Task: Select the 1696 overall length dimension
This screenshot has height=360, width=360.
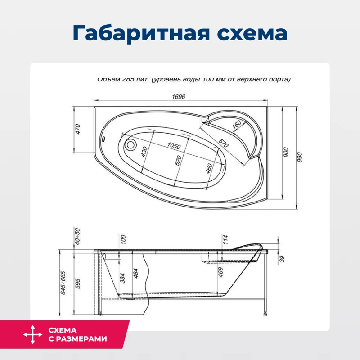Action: coord(179,96)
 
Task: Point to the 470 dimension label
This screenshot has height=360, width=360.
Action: coord(77,129)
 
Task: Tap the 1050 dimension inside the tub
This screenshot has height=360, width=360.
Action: coord(173,146)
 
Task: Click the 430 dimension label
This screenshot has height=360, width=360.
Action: coord(144,151)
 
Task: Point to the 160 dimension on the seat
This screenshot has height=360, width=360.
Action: coord(237,126)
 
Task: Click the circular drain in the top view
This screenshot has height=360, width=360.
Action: coord(130,145)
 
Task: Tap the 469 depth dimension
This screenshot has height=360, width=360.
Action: coord(220,274)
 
